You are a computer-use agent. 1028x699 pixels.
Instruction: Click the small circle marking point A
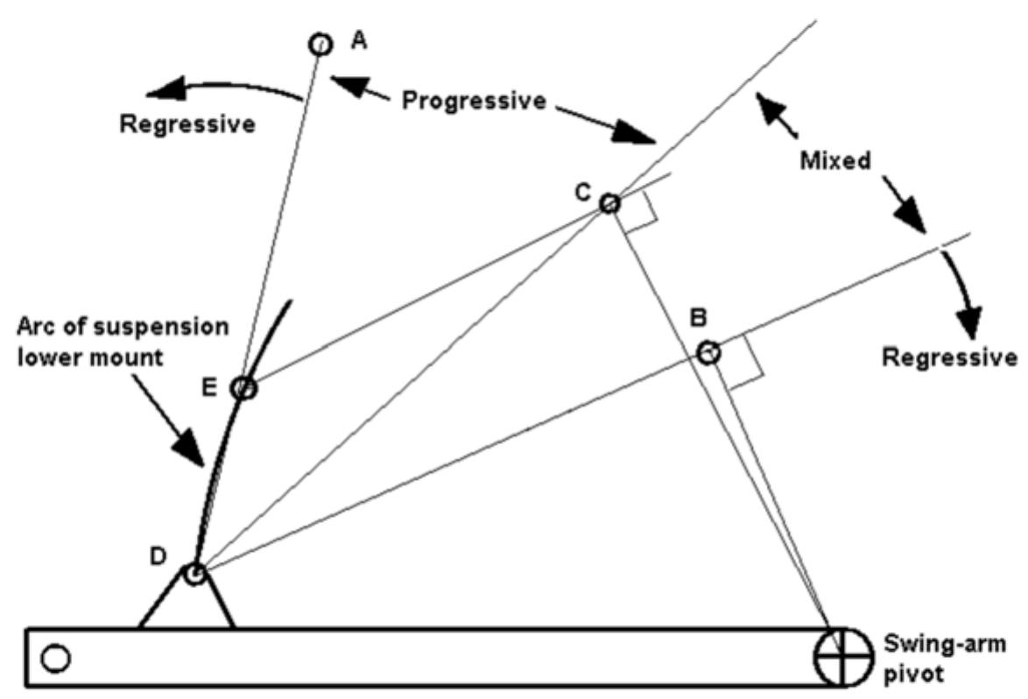(320, 43)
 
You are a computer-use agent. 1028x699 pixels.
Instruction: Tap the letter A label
(357, 39)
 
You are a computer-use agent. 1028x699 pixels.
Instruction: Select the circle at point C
(609, 204)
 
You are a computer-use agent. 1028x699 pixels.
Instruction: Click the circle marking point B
(708, 352)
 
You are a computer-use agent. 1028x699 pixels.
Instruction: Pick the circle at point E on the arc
(244, 388)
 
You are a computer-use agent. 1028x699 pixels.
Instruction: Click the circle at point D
(194, 575)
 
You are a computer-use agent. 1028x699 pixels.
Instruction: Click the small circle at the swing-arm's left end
(55, 657)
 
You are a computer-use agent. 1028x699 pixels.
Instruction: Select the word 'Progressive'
(474, 101)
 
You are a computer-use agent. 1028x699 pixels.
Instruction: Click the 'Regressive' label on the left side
(187, 124)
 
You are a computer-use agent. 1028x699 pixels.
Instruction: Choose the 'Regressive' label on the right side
(949, 357)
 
